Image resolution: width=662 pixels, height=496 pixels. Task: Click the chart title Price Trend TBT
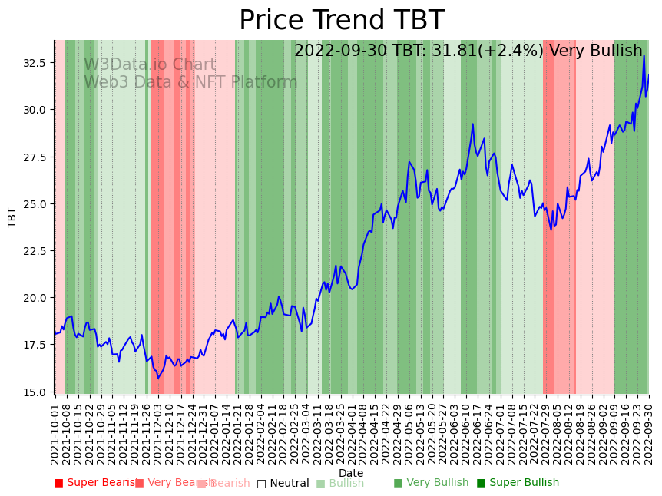341,21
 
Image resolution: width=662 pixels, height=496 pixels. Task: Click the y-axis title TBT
12,217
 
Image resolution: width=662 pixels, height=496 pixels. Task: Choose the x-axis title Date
351,473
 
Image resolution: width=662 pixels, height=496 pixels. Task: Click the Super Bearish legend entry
96,483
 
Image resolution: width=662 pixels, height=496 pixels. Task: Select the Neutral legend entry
283,483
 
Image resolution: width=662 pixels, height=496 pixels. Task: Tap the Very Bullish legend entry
431,483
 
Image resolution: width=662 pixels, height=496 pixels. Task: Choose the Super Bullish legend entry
518,483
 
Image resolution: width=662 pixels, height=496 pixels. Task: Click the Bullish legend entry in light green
340,483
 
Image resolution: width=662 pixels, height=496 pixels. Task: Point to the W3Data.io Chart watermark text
150,65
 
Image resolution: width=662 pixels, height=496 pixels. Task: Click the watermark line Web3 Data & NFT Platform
190,83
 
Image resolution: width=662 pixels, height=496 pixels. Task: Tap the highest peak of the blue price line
644,56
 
